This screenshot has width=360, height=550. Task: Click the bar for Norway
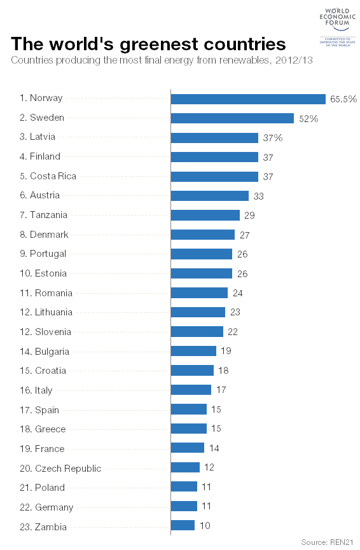coord(248,99)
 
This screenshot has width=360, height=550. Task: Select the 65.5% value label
coord(343,99)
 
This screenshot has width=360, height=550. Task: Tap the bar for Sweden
coord(232,118)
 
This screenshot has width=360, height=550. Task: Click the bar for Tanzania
coord(205,216)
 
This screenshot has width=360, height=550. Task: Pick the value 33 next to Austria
coord(258,196)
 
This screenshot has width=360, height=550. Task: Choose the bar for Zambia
coord(183,525)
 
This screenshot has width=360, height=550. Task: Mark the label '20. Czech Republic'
coord(60,469)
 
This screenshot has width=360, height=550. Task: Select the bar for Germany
coord(184,506)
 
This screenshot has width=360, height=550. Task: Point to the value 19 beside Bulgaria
coord(226,351)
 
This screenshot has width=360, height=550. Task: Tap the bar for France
coord(188,448)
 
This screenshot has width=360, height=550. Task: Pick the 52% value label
coord(308,118)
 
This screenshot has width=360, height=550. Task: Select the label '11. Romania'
coord(46,293)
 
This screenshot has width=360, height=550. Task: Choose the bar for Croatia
coord(192,370)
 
